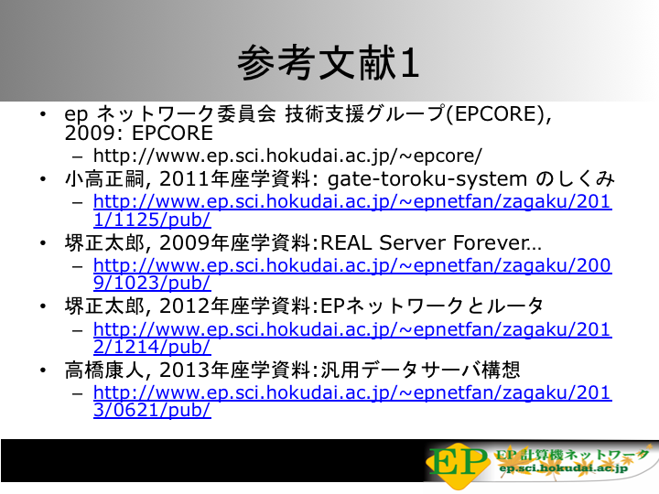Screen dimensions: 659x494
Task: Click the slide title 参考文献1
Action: click(x=329, y=62)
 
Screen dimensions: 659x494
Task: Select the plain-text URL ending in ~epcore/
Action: click(x=287, y=156)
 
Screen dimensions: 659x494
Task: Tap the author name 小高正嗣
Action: click(x=104, y=179)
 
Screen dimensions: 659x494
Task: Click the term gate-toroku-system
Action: click(x=427, y=179)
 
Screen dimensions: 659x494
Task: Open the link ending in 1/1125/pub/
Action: click(x=352, y=210)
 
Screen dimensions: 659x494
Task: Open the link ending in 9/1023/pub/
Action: click(x=352, y=274)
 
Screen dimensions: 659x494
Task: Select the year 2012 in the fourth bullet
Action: click(x=184, y=306)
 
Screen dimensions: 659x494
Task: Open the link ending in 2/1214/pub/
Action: click(x=352, y=338)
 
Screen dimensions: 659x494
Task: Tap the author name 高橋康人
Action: click(x=104, y=370)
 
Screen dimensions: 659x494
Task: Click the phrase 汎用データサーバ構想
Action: click(x=420, y=370)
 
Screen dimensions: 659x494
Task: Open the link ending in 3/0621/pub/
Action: click(x=352, y=402)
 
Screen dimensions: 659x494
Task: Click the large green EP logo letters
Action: click(x=458, y=462)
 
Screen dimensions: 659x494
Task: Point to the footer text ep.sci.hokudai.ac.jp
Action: click(x=563, y=468)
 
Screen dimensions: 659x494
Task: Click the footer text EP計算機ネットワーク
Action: click(x=571, y=455)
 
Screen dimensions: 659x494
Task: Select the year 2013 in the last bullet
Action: click(x=184, y=370)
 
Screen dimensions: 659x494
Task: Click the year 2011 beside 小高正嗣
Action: click(x=184, y=179)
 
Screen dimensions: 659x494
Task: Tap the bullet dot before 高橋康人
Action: click(x=43, y=370)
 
